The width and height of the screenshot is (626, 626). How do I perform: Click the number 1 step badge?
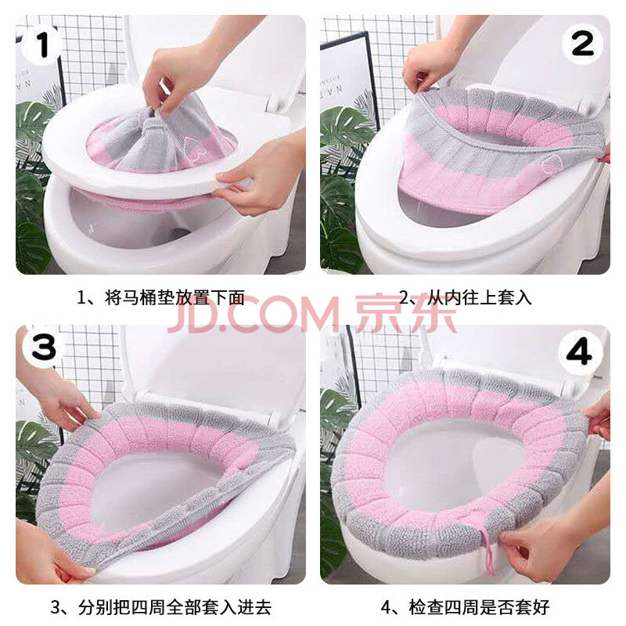(42, 45)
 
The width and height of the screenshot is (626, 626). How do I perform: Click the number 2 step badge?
(582, 44)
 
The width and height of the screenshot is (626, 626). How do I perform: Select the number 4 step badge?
(581, 351)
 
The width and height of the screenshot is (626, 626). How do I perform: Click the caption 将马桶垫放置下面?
(174, 298)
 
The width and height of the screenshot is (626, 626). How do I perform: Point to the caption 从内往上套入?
(479, 298)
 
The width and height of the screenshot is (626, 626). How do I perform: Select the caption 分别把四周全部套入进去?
(174, 607)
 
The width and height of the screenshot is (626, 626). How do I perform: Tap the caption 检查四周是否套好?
(479, 607)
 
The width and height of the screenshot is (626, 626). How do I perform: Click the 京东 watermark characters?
(405, 315)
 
